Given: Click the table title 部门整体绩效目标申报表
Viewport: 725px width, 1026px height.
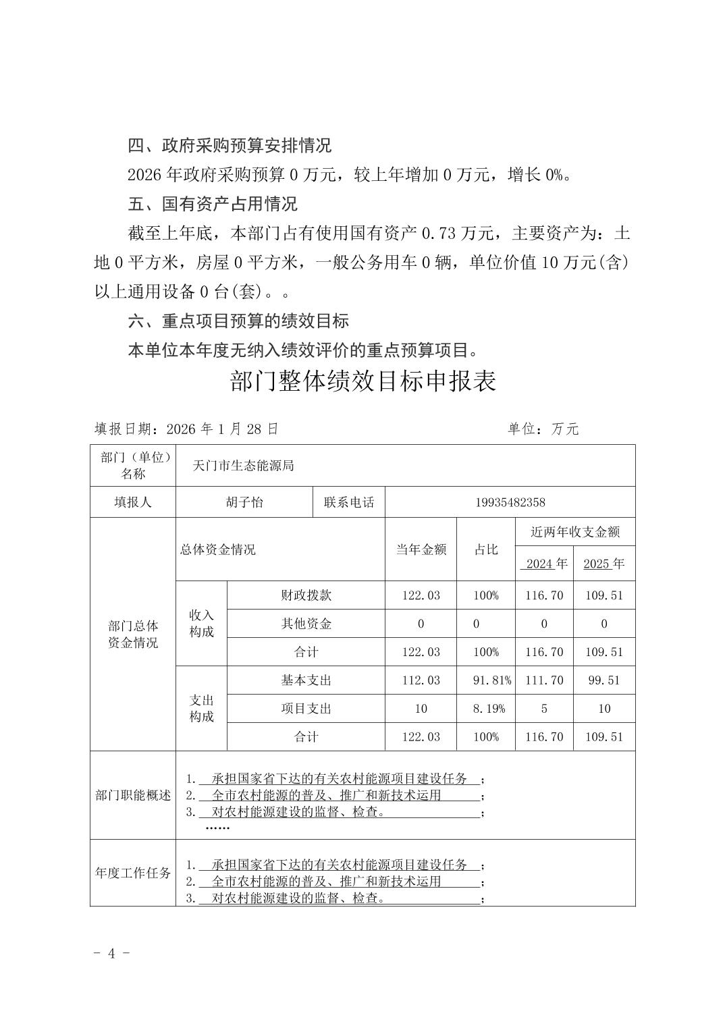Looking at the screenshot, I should coord(363,381).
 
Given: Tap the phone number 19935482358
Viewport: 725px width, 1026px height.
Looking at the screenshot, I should coord(510,502).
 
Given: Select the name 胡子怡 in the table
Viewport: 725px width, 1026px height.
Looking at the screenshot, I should coord(244,502).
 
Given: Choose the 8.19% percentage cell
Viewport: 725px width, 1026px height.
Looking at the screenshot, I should coord(486,709).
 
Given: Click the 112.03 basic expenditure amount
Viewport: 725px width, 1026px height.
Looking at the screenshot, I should coord(421,680).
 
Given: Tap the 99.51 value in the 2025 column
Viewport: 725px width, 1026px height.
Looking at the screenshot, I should coord(603,680).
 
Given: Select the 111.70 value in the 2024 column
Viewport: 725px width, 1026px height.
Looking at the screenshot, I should coord(544,680).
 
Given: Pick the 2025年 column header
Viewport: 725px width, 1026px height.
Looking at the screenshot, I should coord(603,564).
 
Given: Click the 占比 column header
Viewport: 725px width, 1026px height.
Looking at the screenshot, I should coord(486,549).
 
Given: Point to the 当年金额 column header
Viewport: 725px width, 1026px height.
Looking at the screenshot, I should coord(421,549).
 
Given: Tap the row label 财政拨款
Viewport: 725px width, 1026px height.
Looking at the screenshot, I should coord(306,595).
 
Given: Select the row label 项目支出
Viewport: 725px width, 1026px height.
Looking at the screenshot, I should coord(306,709).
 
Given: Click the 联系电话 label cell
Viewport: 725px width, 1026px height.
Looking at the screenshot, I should coord(349,502).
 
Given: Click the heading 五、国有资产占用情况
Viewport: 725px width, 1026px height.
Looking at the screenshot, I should coord(213,204).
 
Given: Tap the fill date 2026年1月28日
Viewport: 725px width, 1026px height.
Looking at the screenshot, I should coord(186,429).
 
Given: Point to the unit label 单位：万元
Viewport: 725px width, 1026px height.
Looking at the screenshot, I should coord(543,429).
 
